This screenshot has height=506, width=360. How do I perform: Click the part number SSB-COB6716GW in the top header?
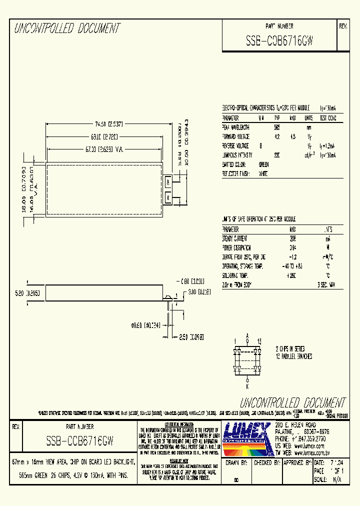[x=279, y=41]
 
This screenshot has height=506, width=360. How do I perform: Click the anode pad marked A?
[x=168, y=182]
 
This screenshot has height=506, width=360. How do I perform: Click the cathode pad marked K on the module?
[x=168, y=197]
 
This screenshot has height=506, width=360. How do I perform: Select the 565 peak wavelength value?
[x=276, y=127]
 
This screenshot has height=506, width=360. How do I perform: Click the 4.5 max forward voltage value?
[x=292, y=136]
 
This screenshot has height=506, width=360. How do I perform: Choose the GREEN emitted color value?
[x=263, y=164]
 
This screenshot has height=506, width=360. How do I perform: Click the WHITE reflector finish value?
[x=263, y=174]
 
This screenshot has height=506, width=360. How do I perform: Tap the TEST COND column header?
[x=328, y=118]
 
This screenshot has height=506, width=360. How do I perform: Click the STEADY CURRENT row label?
[x=236, y=238]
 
